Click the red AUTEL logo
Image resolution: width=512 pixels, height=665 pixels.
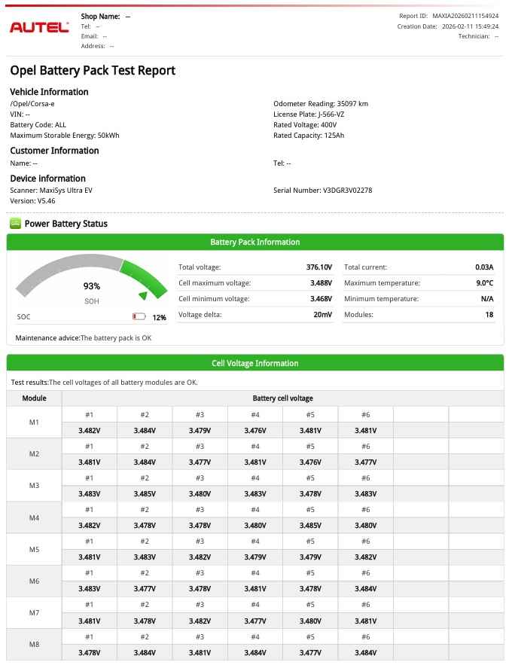[39, 28]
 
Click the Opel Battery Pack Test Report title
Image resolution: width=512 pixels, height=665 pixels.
[93, 71]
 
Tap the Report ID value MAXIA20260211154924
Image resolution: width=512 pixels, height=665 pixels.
[465, 16]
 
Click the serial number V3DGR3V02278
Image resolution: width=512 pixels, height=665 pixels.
[347, 191]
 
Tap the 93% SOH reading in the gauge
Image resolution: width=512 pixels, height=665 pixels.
[91, 286]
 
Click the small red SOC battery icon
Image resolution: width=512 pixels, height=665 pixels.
[139, 318]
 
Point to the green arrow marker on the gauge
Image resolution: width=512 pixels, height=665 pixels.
[143, 295]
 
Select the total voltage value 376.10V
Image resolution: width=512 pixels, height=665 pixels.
[320, 267]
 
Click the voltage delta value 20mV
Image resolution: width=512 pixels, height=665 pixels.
[323, 315]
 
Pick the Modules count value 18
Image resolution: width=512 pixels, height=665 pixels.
[489, 315]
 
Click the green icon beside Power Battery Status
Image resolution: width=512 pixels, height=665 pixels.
[15, 224]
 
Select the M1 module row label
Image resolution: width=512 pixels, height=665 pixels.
[34, 422]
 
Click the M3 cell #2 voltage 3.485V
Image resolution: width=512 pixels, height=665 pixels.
[145, 494]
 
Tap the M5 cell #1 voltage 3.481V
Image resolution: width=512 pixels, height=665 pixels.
[89, 557]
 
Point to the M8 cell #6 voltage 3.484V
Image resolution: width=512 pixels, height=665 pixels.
[365, 652]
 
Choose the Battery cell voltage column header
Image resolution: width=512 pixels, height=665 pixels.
[282, 398]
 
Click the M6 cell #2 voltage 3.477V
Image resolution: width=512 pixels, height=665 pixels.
[145, 589]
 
